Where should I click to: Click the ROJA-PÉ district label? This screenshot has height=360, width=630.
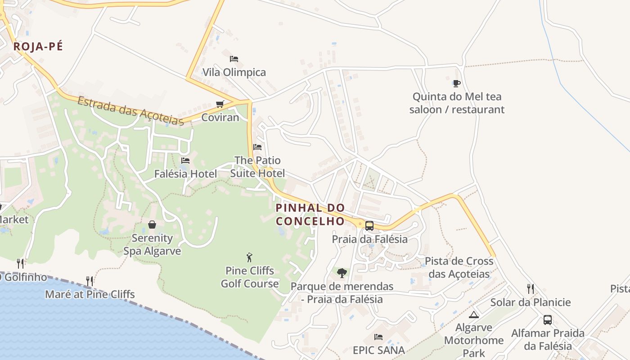(x=38, y=46)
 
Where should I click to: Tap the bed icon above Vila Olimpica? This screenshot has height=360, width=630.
(x=234, y=59)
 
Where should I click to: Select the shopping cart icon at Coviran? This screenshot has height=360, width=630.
(x=220, y=104)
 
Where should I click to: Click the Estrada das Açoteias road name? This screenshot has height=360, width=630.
(x=130, y=110)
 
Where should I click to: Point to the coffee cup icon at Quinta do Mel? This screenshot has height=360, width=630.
(x=457, y=83)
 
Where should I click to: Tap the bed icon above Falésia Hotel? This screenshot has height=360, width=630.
(x=185, y=161)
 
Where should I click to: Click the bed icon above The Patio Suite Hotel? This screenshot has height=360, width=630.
(x=257, y=147)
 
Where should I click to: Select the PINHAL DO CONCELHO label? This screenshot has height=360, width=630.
(x=310, y=214)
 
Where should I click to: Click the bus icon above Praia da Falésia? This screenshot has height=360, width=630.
(x=369, y=226)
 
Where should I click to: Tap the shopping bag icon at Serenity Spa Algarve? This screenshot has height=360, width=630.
(x=152, y=225)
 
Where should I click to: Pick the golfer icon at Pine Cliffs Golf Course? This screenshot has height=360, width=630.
(x=250, y=257)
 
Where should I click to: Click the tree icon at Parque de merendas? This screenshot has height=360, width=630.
(x=342, y=273)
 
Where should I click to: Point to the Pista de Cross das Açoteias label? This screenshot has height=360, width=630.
(x=459, y=268)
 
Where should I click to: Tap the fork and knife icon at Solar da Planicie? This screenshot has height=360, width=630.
(x=531, y=289)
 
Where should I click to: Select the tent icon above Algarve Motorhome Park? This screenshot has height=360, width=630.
(x=473, y=315)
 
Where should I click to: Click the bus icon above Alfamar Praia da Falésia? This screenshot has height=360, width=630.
(x=548, y=320)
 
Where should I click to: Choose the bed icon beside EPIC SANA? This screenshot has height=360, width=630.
(x=379, y=337)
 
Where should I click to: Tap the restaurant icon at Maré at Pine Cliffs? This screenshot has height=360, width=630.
(x=90, y=281)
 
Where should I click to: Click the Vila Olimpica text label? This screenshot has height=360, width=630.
(x=234, y=72)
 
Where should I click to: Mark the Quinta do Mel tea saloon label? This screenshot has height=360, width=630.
(x=457, y=103)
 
